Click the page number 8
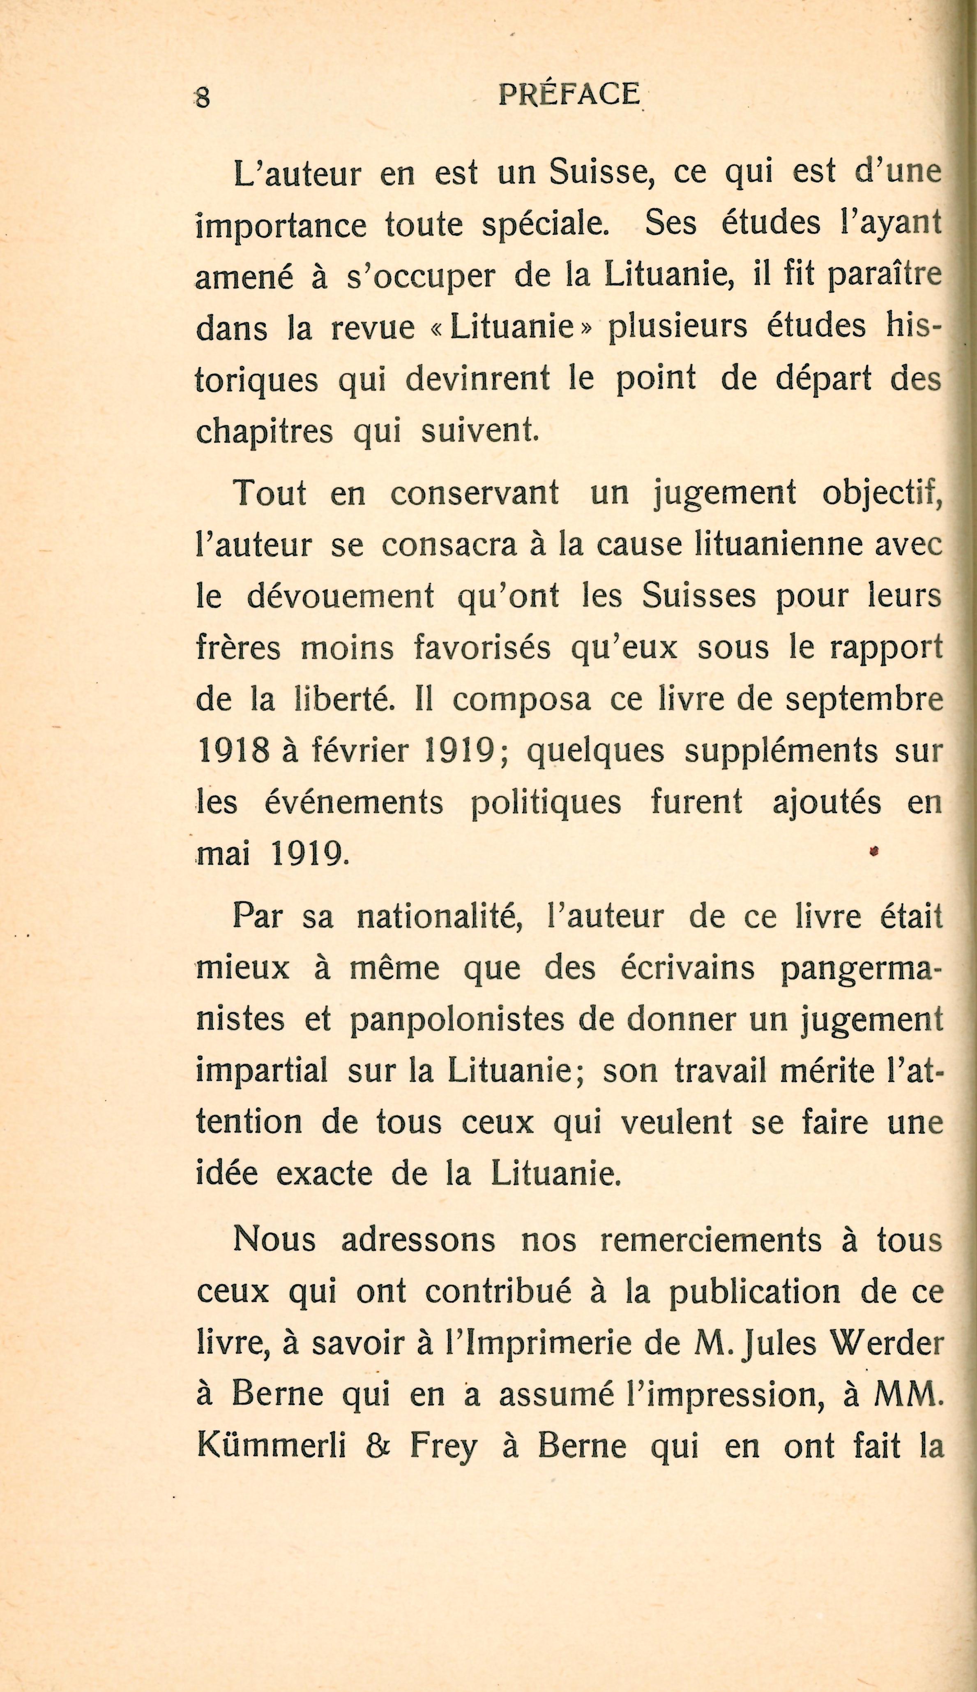tap(203, 98)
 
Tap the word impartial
tap(262, 1071)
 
